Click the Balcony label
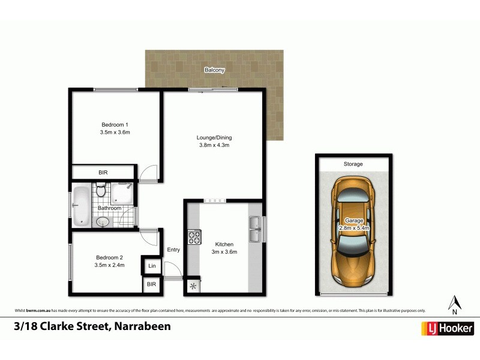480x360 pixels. pos(214,70)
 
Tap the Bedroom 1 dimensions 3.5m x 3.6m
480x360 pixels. pos(115,132)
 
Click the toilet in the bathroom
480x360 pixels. pos(101,191)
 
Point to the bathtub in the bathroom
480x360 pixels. pos(80,208)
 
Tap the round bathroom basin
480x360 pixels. pos(103,221)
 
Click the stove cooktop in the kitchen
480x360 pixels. pos(194,238)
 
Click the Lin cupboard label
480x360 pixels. pos(152,266)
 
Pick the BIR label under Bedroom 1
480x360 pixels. pos(104,173)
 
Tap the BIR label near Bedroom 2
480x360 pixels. pos(151,286)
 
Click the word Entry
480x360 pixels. pos(173,250)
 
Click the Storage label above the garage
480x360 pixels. pos(353,164)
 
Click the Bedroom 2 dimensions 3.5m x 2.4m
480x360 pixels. pos(109,265)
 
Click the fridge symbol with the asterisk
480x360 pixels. pos(193,286)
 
